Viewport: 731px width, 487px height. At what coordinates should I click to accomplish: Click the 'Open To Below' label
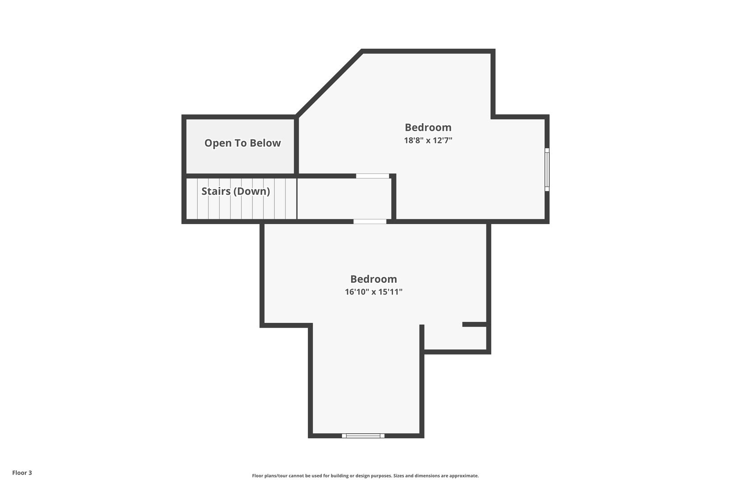[x=242, y=143]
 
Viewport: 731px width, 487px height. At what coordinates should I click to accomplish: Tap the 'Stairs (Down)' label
[x=236, y=191]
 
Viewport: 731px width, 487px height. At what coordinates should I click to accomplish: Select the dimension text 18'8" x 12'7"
[x=428, y=140]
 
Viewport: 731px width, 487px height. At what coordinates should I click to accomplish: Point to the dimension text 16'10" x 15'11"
[x=374, y=292]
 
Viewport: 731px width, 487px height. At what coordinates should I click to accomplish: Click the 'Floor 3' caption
[x=22, y=473]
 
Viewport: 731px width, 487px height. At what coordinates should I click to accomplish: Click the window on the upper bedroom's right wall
[x=547, y=170]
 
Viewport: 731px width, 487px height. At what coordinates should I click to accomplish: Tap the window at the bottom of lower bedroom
[x=363, y=436]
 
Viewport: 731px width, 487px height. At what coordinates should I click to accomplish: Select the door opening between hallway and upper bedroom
[x=372, y=176]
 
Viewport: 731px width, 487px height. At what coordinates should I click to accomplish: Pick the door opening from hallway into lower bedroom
[x=370, y=221]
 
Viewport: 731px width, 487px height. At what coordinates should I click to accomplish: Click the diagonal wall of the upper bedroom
[x=329, y=83]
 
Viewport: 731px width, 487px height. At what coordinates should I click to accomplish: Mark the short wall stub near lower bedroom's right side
[x=475, y=324]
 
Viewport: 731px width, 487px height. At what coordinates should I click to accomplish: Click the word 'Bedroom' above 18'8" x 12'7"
[x=428, y=127]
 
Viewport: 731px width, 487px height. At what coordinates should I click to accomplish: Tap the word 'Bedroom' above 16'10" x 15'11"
[x=374, y=279]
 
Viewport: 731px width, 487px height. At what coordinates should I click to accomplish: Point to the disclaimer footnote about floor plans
[x=365, y=476]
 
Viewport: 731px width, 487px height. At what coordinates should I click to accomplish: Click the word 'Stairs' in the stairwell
[x=216, y=191]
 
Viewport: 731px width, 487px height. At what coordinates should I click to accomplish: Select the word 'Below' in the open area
[x=265, y=143]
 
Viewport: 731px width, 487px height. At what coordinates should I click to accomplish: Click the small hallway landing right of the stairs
[x=344, y=199]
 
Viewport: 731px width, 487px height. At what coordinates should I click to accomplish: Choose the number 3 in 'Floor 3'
[x=30, y=473]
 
